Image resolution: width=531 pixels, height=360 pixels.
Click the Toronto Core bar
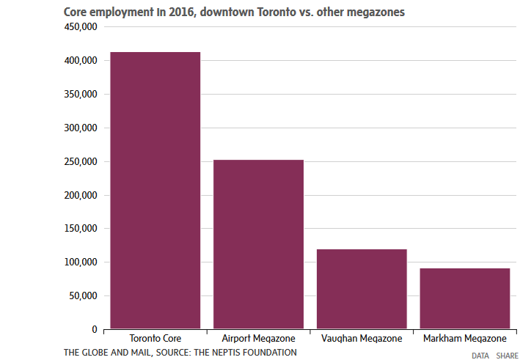tap(155, 191)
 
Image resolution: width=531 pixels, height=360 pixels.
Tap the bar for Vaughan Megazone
tap(362, 289)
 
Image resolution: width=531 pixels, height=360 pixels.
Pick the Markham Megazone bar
tap(465, 298)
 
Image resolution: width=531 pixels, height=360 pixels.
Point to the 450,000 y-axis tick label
tap(81, 27)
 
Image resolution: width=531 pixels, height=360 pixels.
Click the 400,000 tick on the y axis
tap(81, 61)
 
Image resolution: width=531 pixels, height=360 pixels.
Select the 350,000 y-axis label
tap(81, 95)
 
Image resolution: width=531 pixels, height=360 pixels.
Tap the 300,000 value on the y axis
tap(81, 128)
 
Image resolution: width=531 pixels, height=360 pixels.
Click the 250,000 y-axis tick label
tap(81, 161)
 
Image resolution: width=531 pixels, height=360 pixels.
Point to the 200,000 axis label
tap(81, 195)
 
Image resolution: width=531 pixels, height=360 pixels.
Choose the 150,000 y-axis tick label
tap(81, 229)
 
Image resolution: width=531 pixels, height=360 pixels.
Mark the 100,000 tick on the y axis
tap(81, 262)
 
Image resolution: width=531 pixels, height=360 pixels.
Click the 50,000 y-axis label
tap(83, 296)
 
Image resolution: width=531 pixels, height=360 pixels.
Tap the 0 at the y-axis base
tap(95, 329)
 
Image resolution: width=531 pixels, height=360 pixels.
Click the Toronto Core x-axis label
tap(155, 339)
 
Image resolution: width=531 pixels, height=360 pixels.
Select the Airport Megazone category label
tap(258, 339)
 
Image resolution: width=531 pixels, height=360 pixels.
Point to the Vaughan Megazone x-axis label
tap(362, 339)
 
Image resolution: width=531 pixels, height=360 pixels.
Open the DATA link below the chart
tap(480, 356)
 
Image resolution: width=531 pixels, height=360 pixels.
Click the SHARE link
tap(507, 356)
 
